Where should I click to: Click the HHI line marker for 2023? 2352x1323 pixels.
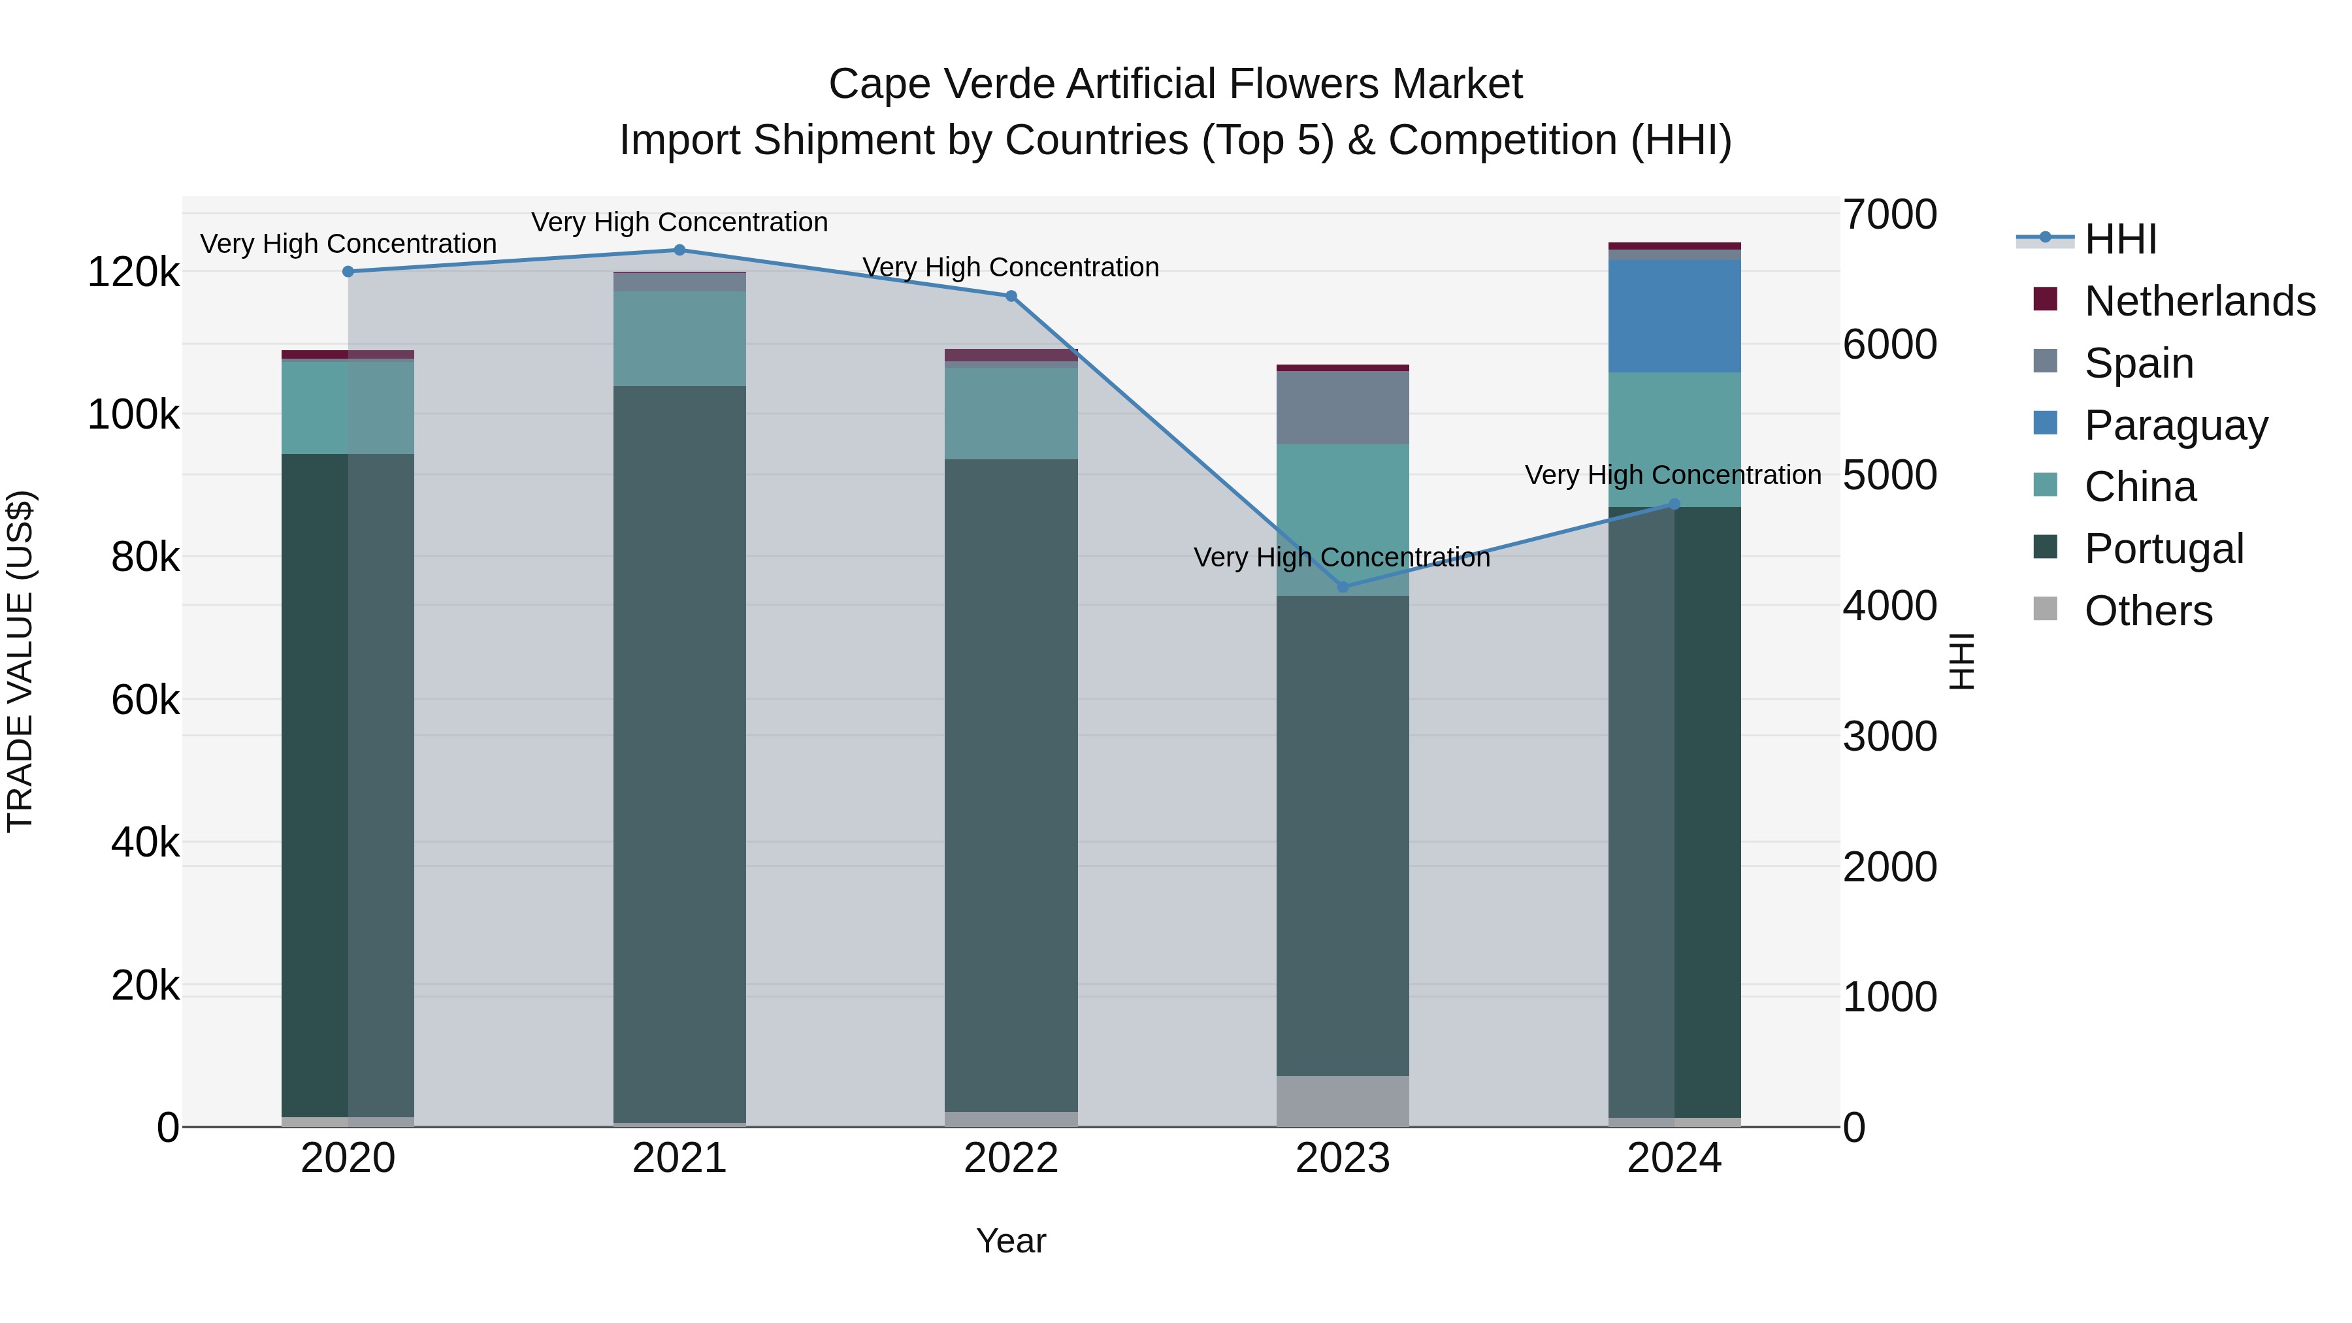coord(1342,586)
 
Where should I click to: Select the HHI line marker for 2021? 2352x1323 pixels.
coord(679,250)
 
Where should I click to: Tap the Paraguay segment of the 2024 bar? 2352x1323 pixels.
coord(1674,316)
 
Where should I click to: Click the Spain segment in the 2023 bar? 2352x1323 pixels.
coord(1342,408)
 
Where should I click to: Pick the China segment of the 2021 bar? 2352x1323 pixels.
coord(679,338)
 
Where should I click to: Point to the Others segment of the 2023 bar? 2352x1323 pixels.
coord(1342,1101)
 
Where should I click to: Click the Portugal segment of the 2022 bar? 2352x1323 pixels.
coord(1011,785)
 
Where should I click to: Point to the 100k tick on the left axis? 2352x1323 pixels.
coord(133,414)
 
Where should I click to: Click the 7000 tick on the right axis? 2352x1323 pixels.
coord(1889,214)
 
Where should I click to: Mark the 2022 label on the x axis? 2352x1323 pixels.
coord(1011,1158)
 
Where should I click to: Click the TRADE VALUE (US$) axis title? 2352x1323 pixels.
coord(20,661)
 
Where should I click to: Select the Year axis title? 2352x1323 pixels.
coord(1011,1241)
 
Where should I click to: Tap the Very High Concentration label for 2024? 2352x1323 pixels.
coord(1673,475)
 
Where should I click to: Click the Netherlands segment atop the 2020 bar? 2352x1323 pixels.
coord(348,354)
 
